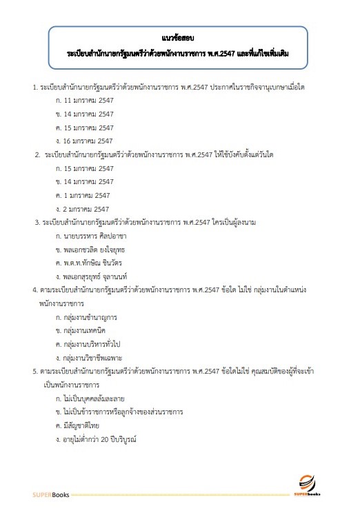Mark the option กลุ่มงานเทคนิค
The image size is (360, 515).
pyautogui.click(x=83, y=331)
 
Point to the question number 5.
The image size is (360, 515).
pyautogui.click(x=34, y=372)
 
